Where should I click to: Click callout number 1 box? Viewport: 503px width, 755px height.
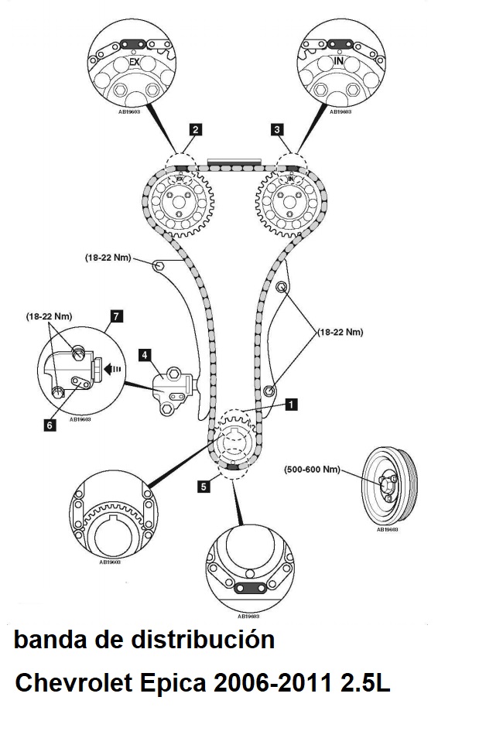coord(290,403)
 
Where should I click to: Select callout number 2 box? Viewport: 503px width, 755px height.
coord(197,130)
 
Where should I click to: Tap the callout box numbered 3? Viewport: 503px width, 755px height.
coord(276,130)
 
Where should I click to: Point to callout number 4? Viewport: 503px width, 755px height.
coord(145,355)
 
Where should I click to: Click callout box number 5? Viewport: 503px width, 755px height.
coord(203,487)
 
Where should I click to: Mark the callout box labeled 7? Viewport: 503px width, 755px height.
coord(115,316)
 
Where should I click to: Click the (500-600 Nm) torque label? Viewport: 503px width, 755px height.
coord(312,469)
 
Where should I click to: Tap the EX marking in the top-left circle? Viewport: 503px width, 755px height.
coord(134,60)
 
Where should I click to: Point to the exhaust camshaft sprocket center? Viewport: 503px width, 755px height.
coord(180,204)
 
